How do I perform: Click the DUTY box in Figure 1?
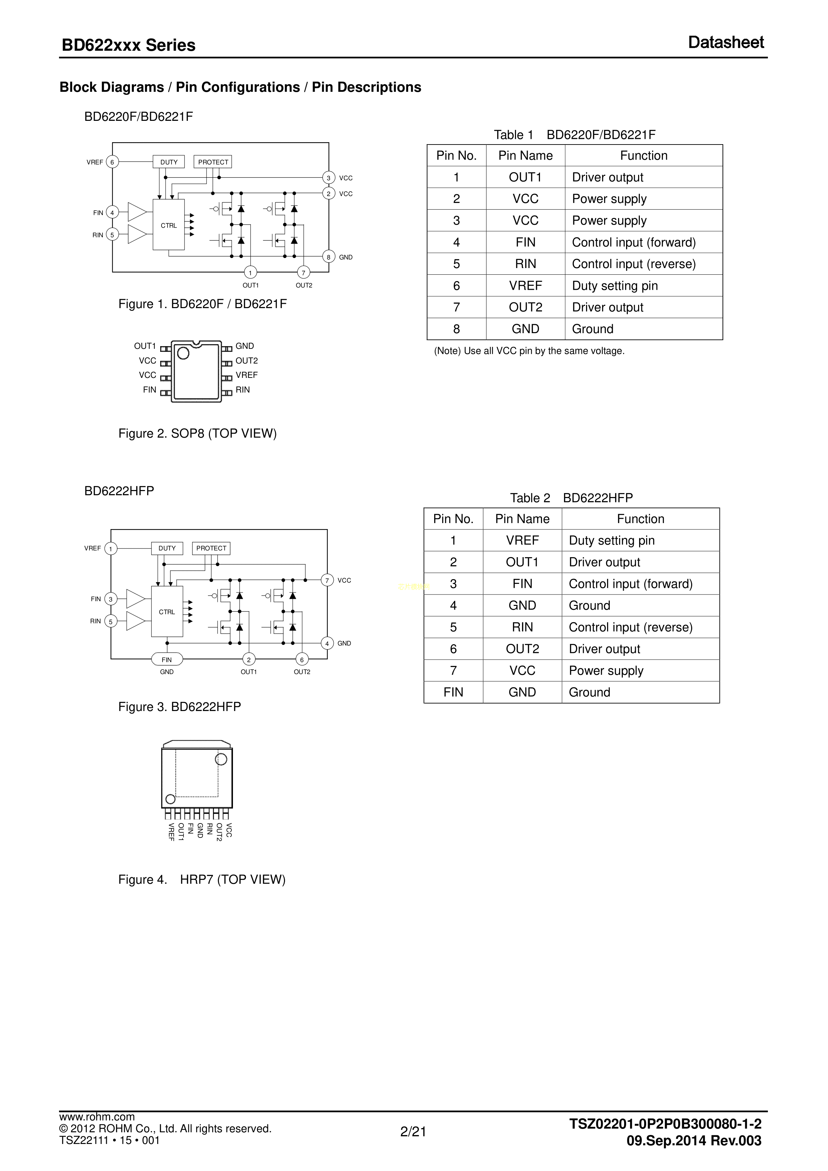169,162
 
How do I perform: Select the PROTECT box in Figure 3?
211,548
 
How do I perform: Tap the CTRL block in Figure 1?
169,225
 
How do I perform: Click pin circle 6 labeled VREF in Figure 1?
112,162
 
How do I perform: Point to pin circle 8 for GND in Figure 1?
329,257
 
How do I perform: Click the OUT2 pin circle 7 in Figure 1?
303,273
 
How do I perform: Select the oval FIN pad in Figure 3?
167,660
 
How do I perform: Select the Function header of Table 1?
643,156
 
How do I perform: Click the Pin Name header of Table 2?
522,519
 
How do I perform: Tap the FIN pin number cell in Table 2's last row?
453,692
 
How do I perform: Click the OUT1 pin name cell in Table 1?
525,178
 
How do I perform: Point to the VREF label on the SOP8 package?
247,375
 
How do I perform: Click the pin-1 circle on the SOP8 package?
183,353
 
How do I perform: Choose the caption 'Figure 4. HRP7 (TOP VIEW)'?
202,879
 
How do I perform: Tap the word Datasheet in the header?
726,42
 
